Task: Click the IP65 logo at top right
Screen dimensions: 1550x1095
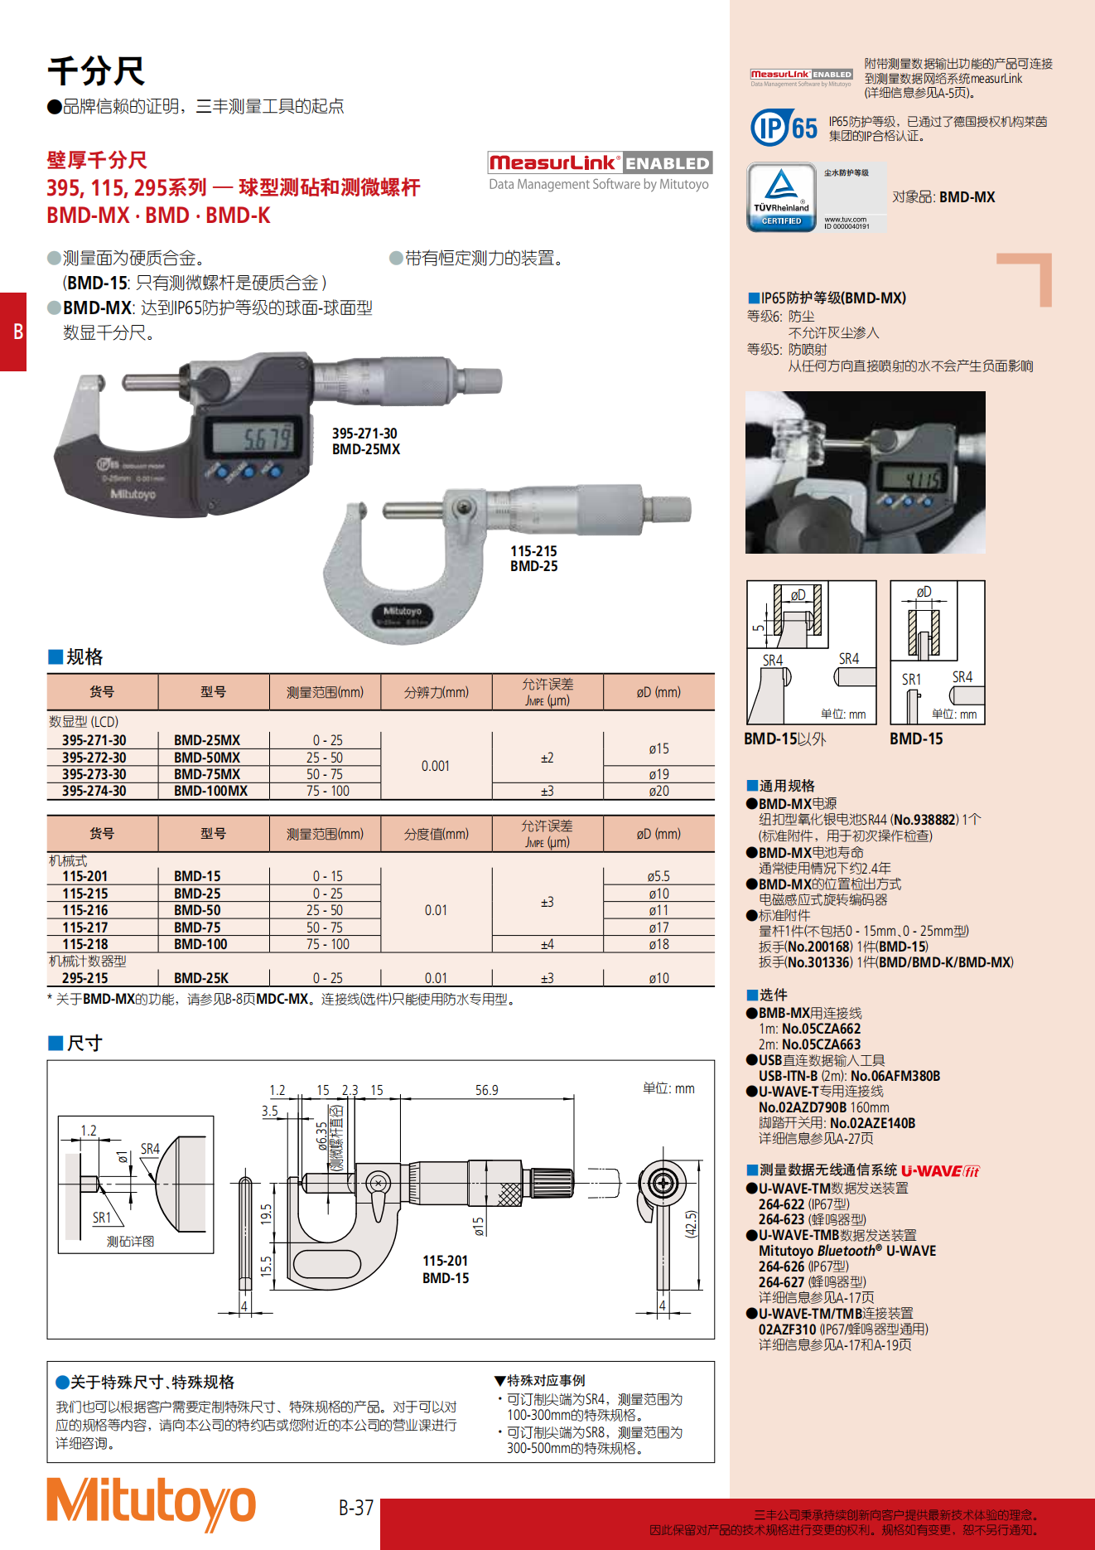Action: pyautogui.click(x=784, y=128)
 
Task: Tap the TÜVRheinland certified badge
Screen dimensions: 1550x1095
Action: pyautogui.click(x=781, y=196)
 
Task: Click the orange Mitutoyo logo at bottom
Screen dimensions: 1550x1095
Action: pyautogui.click(x=151, y=1504)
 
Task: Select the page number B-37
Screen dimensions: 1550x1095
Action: pyautogui.click(x=356, y=1508)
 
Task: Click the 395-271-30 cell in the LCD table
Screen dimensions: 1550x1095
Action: pyautogui.click(x=94, y=740)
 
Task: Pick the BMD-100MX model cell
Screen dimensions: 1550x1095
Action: pyautogui.click(x=210, y=792)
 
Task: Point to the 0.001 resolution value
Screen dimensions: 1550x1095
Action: pyautogui.click(x=436, y=766)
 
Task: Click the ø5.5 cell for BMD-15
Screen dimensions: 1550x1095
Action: pyautogui.click(x=658, y=876)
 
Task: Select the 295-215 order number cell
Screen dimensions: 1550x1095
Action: pyautogui.click(x=85, y=978)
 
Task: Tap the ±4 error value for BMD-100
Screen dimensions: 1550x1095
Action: pyautogui.click(x=547, y=944)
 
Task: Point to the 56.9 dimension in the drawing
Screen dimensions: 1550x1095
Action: pyautogui.click(x=487, y=1091)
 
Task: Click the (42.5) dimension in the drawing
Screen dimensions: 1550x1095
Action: pyautogui.click(x=692, y=1224)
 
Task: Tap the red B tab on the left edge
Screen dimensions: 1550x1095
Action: pyautogui.click(x=14, y=332)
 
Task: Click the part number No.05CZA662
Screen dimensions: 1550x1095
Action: pyautogui.click(x=821, y=1029)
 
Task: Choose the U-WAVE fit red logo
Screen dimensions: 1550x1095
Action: pyautogui.click(x=940, y=1171)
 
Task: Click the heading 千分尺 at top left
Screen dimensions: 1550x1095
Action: pyautogui.click(x=96, y=71)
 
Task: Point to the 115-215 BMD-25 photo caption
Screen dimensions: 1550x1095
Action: pyautogui.click(x=533, y=559)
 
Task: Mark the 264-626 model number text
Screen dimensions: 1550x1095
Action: pyautogui.click(x=781, y=1267)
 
